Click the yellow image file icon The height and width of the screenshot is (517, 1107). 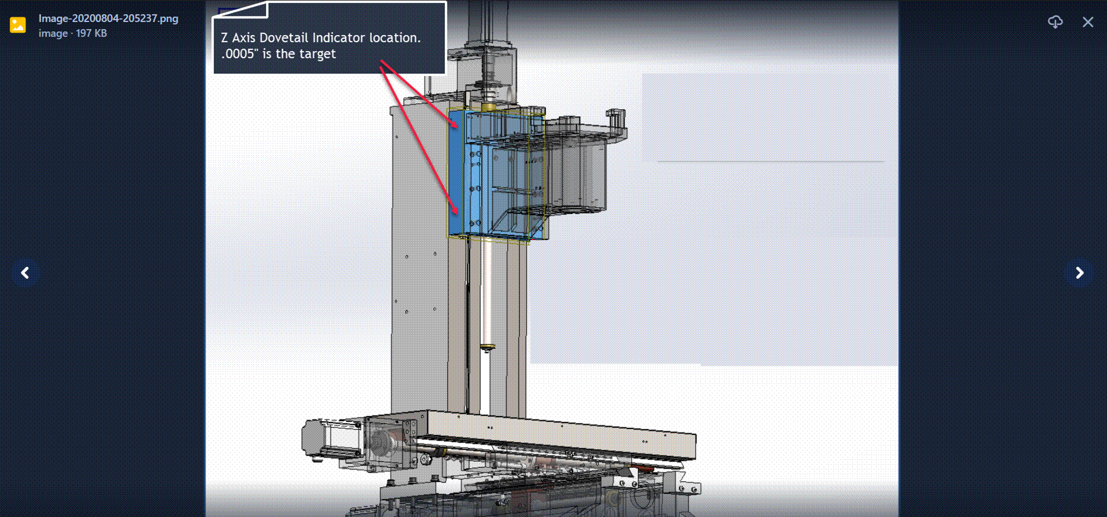pyautogui.click(x=18, y=25)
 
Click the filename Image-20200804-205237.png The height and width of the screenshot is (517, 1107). pyautogui.click(x=108, y=19)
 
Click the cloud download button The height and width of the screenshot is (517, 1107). pyautogui.click(x=1055, y=22)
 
